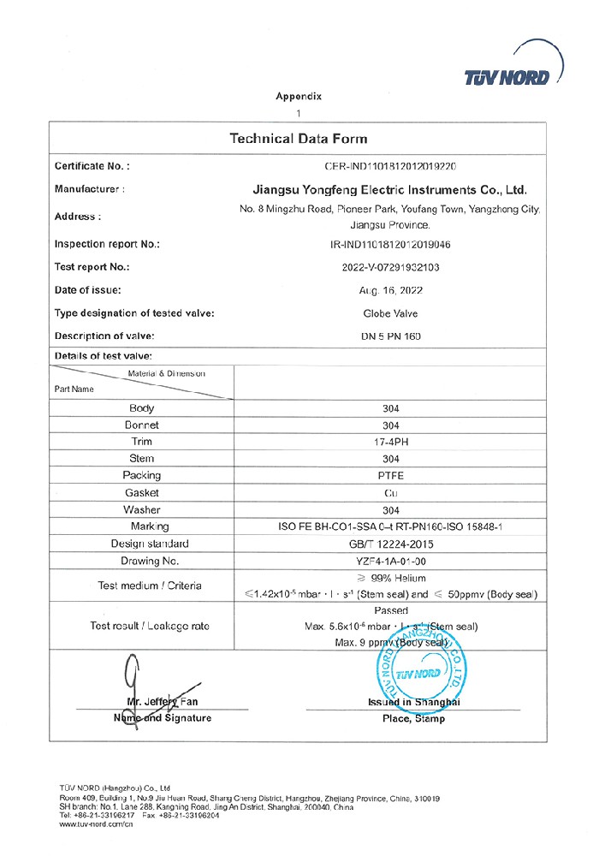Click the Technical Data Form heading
click(298, 139)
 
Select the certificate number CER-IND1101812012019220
click(390, 166)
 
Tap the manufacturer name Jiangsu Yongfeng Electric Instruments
click(390, 189)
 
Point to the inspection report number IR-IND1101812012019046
click(390, 244)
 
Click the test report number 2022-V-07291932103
click(390, 267)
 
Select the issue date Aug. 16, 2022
click(390, 290)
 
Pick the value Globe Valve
click(390, 313)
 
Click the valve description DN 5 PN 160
click(390, 336)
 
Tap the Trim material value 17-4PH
click(390, 442)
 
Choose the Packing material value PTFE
click(390, 475)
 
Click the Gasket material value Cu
click(390, 492)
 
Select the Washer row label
click(141, 509)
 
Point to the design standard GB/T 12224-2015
click(390, 544)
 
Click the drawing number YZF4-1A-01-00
click(390, 561)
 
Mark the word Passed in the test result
click(390, 610)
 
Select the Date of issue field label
click(87, 290)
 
